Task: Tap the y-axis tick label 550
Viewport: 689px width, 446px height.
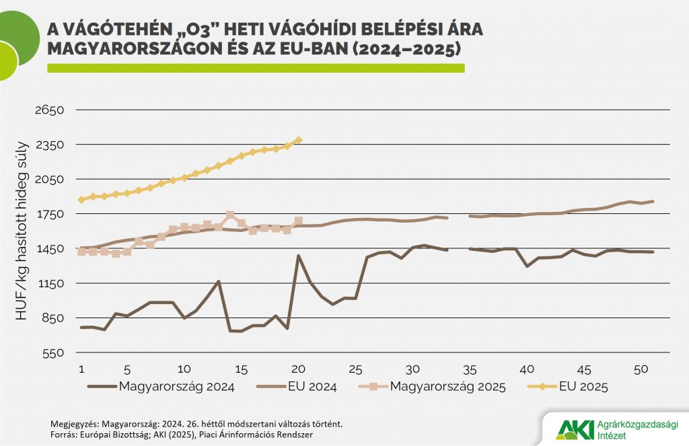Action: pyautogui.click(x=51, y=352)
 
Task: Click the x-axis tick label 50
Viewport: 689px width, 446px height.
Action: pyautogui.click(x=641, y=369)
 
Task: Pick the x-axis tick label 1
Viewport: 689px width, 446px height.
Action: pyautogui.click(x=81, y=369)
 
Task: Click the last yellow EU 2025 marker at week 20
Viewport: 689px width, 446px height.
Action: pyautogui.click(x=298, y=140)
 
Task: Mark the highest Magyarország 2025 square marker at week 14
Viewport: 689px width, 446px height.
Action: pyautogui.click(x=230, y=215)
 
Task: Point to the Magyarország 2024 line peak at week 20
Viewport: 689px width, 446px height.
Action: pyautogui.click(x=298, y=256)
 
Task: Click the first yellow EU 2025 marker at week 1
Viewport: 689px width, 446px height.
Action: pyautogui.click(x=81, y=200)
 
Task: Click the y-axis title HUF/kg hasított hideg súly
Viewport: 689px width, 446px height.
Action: pyautogui.click(x=22, y=229)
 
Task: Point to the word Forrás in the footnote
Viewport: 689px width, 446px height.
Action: pyautogui.click(x=65, y=435)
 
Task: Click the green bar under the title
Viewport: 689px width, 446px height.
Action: pyautogui.click(x=256, y=68)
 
